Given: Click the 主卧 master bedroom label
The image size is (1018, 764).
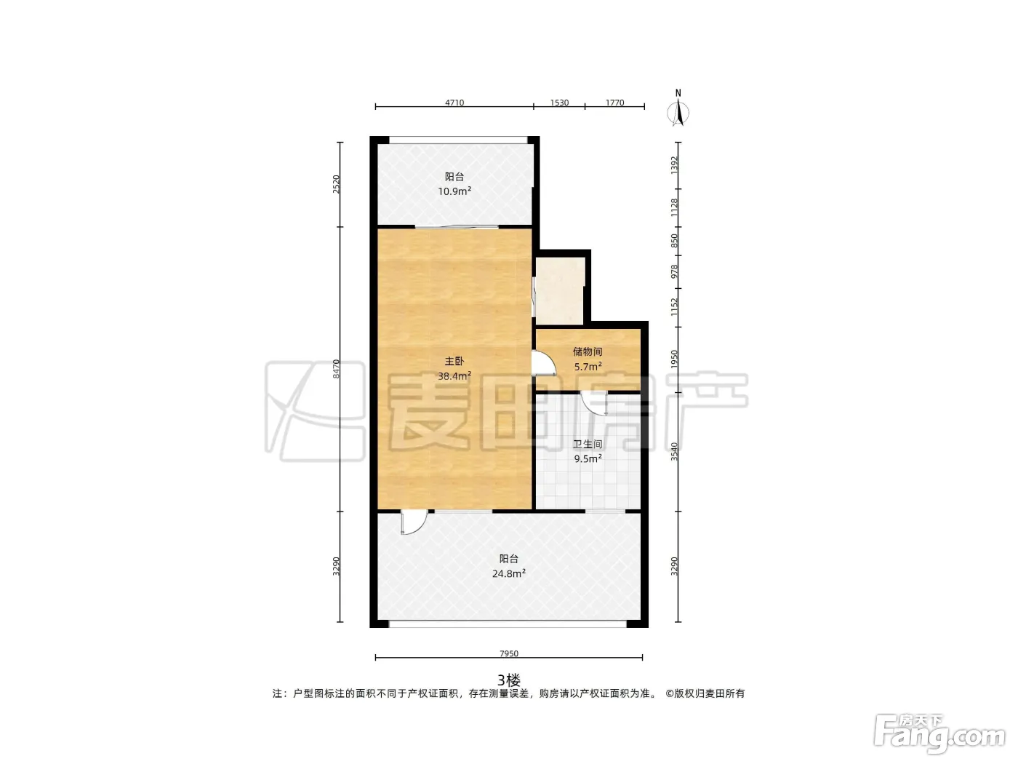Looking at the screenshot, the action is coord(454,361).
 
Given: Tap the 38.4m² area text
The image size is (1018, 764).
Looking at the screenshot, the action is coord(454,375).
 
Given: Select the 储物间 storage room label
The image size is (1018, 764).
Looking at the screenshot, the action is coord(588,351).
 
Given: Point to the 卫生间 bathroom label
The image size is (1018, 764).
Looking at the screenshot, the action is coord(588,444).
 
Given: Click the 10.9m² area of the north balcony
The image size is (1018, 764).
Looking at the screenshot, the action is coord(454,191).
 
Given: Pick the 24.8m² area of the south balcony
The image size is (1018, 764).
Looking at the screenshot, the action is coord(509,573).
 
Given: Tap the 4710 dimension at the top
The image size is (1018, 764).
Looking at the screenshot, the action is coord(454,103).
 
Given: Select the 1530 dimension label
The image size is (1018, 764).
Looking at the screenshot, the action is coord(559,103).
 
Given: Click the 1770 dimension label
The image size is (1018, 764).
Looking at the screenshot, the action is coord(615,103).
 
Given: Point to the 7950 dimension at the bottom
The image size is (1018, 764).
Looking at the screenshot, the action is coord(509,653).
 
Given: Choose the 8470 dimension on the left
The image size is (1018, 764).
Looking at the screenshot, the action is coord(336,369).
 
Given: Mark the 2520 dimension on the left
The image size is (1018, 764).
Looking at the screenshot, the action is coord(336,184).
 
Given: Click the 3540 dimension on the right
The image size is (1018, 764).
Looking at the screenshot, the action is coord(674,451).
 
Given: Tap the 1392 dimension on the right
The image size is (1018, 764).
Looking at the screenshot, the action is coord(674,165).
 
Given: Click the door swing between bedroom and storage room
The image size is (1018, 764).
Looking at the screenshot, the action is coord(545,363).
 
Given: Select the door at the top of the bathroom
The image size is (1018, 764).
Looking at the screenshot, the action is coord(595,403).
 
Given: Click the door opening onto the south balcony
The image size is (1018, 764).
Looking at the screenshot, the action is coord(414,522).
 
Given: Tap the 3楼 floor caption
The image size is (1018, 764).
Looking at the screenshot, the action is coord(509,680).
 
